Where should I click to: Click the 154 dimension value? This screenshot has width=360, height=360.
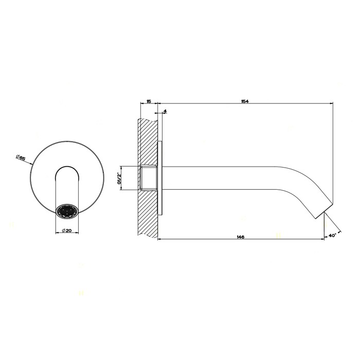tap(245, 102)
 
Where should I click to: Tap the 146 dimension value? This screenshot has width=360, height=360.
tap(240, 236)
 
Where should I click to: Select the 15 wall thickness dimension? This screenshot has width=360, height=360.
tap(149, 102)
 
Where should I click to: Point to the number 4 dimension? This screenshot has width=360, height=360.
tap(165, 111)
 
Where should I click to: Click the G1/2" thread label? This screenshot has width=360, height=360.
tap(119, 177)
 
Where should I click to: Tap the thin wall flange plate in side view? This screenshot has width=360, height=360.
tap(161, 177)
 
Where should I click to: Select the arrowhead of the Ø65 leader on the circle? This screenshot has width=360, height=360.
tap(32, 164)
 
